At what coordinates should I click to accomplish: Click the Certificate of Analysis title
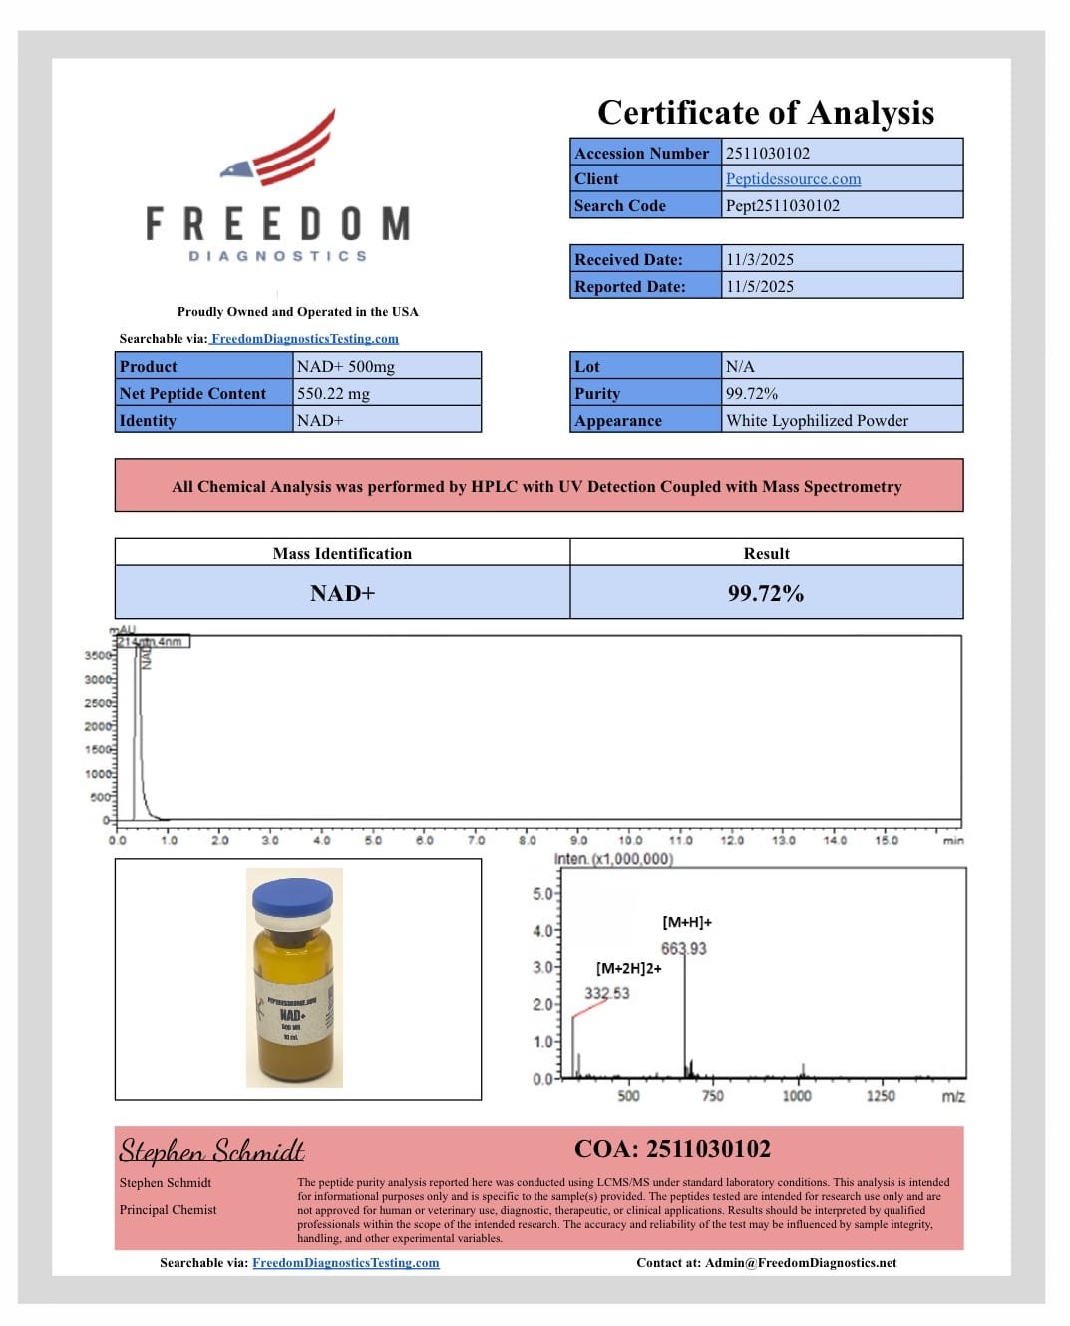(765, 113)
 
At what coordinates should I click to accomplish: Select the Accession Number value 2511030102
(768, 153)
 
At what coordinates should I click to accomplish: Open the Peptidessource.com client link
(793, 179)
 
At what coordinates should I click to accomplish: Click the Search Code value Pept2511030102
(783, 206)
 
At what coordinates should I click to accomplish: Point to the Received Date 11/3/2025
(760, 259)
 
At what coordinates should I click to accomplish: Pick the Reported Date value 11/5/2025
(760, 286)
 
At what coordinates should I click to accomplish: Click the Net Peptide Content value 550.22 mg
(333, 394)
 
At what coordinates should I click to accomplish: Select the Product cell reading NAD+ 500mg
(345, 367)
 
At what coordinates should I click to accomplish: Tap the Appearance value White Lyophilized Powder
(817, 421)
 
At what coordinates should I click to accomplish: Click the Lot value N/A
(740, 367)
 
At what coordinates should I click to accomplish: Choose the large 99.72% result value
(765, 594)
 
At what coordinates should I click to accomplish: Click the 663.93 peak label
(683, 949)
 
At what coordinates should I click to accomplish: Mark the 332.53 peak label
(606, 993)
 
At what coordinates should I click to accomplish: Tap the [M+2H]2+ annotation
(628, 969)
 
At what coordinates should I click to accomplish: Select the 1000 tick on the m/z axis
(796, 1096)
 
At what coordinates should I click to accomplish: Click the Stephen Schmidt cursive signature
(211, 1151)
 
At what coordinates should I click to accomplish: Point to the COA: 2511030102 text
(672, 1149)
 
